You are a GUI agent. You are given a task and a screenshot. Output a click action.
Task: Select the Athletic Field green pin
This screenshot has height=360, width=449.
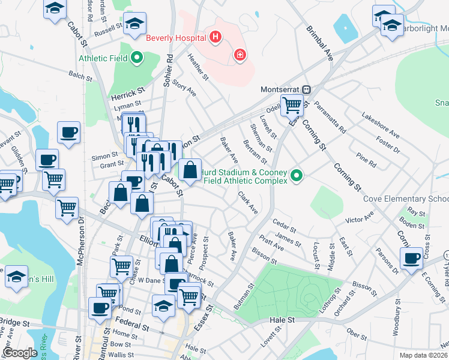point(137,58)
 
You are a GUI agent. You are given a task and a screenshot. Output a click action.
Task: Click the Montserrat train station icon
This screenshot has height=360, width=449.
point(306,89)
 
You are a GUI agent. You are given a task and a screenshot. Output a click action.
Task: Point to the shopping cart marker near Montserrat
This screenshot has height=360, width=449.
point(292,106)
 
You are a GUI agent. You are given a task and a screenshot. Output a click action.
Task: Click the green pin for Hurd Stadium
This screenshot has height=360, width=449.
point(296,176)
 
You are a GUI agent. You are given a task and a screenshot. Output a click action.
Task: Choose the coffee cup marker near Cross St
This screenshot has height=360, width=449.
point(412,259)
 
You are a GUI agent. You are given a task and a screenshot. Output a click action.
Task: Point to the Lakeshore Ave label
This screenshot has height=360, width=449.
point(380,124)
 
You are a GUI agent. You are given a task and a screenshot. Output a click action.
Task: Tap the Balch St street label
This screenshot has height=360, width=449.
point(80,76)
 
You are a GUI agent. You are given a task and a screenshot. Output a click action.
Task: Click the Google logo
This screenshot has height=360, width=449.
point(20,353)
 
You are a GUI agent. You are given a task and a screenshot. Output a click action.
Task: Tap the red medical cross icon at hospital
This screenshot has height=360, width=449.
point(240,55)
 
